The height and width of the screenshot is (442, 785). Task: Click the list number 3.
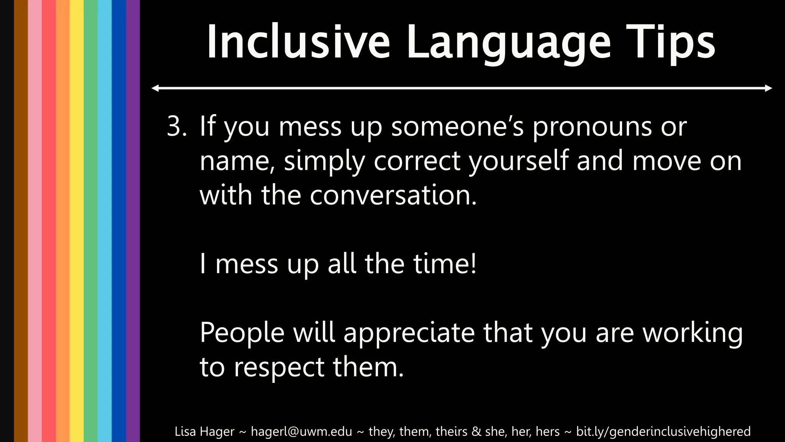(176, 126)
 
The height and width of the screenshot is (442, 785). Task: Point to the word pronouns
(592, 127)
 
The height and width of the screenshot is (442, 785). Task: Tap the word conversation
(393, 195)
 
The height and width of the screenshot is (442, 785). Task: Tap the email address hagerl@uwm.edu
(301, 432)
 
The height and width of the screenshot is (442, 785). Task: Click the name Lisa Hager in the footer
(204, 432)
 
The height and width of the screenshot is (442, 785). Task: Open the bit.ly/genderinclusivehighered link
(663, 432)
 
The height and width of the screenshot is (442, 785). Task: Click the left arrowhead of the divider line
(155, 88)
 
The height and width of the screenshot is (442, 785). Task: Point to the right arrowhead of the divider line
(769, 88)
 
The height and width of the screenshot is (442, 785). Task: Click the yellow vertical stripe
(77, 221)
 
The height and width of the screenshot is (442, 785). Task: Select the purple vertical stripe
(133, 221)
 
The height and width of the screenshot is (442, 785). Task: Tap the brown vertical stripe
(21, 221)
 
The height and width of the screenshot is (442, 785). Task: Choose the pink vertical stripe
(35, 221)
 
